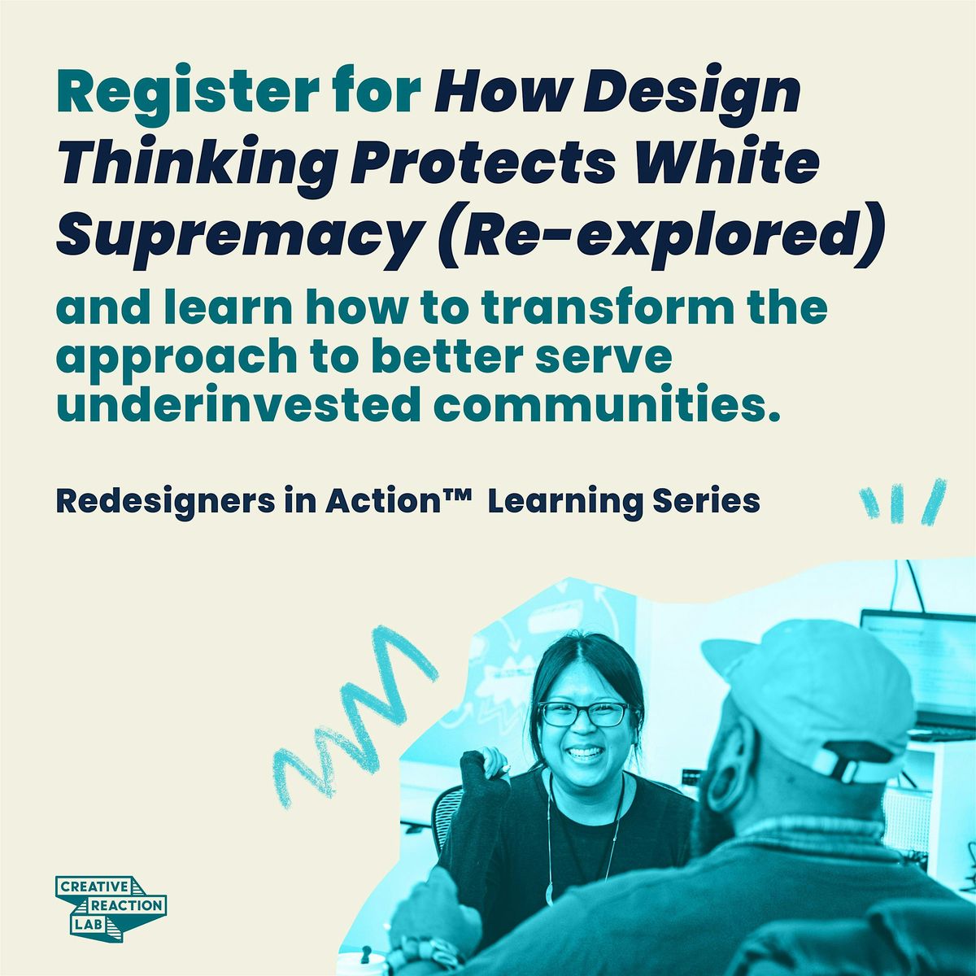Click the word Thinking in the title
point(196,163)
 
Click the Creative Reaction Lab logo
point(111,904)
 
